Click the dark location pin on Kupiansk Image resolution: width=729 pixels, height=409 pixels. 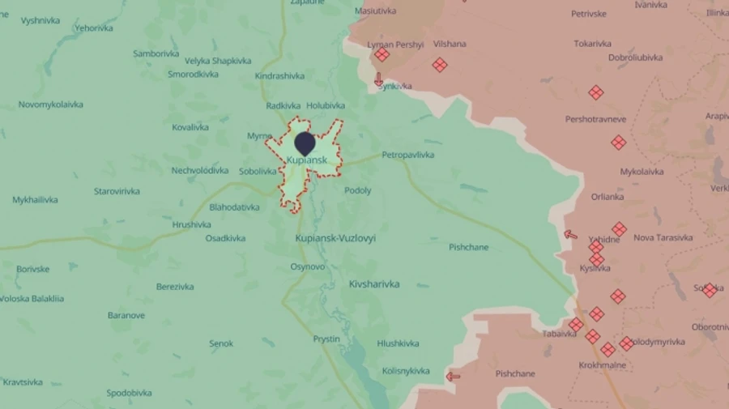(305, 143)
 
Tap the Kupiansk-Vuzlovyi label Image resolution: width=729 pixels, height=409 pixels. (335, 239)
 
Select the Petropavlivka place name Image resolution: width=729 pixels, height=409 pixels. (407, 155)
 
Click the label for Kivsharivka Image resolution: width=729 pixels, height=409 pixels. (373, 284)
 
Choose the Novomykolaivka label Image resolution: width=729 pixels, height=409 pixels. (51, 104)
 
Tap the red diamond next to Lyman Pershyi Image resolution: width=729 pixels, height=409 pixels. (382, 55)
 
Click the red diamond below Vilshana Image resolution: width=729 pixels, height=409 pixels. (440, 65)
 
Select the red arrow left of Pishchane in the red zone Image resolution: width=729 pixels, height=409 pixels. (454, 376)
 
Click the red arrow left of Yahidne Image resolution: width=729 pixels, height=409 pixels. (571, 235)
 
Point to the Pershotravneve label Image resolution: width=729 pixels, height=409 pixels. (595, 120)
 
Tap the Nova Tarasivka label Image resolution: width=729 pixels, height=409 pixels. (663, 237)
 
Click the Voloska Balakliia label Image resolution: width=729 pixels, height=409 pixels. (32, 299)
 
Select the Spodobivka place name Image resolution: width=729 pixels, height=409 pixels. (129, 394)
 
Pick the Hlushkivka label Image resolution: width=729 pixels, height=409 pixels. (398, 343)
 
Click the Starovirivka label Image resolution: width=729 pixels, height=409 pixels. (117, 192)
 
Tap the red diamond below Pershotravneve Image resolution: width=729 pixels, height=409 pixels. (618, 143)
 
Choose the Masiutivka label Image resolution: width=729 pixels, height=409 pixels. (375, 11)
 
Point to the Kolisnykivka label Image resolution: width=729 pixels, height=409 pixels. (405, 371)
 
